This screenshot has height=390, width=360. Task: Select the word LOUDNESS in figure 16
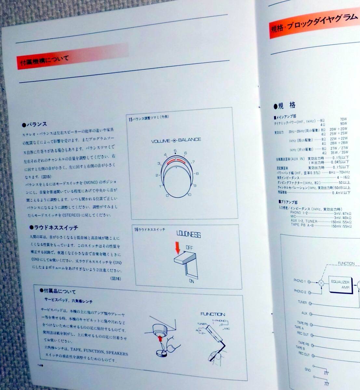188,234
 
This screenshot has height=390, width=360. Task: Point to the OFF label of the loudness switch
190,248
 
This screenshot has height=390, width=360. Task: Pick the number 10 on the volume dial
189,195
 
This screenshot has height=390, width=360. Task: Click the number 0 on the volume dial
167,195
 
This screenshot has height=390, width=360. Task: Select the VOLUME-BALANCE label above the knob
176,140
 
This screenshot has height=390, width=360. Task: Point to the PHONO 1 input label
300,280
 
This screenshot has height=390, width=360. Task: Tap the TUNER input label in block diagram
302,302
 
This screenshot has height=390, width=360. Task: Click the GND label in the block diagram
307,370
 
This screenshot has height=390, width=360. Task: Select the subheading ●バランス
34,124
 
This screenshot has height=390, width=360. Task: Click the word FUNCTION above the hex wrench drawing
213,314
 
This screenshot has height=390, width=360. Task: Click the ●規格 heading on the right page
285,105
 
